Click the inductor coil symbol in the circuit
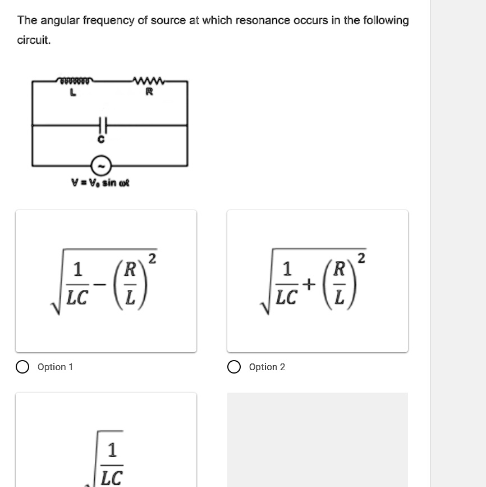pos(75,81)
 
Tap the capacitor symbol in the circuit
pos(102,125)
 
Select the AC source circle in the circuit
pos(102,166)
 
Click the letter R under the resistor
pos(149,93)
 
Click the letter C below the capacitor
pos(102,142)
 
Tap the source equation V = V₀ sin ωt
pos(100,183)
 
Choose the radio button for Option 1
pos(22,367)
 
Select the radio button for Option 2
pos(234,367)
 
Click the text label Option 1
pos(55,367)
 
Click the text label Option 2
pos(267,367)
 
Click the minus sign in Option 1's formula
pos(99,285)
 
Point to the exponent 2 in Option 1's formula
pos(152,259)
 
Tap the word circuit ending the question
pos(34,40)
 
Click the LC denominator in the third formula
pos(111,478)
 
